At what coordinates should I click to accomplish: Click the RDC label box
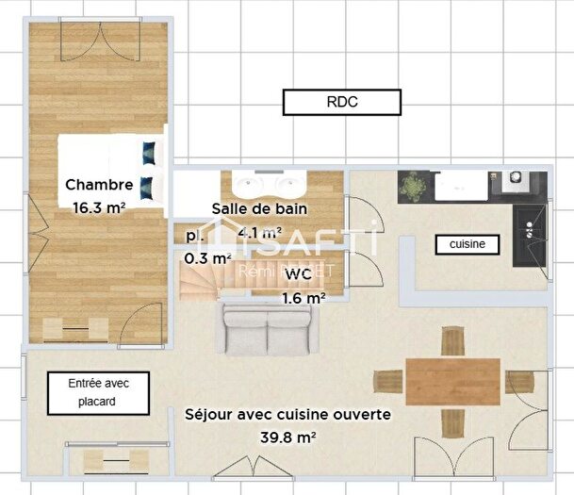pos(341,102)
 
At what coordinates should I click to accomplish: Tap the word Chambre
pos(98,185)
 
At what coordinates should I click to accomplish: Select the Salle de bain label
pos(259,208)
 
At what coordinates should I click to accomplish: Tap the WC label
pos(298,274)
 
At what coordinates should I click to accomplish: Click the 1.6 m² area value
pos(303,298)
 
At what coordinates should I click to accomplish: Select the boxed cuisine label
pos(467,244)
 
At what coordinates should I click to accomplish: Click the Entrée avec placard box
pos(98,392)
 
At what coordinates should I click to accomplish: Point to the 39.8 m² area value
pos(287,437)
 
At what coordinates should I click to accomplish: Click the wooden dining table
pos(453,381)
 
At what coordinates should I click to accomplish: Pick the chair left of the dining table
pos(388,381)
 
